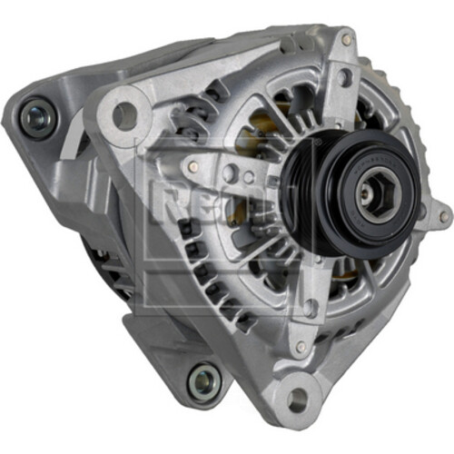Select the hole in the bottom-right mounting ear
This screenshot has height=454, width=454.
click(296, 397)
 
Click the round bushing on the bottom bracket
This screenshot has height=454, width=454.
click(203, 381)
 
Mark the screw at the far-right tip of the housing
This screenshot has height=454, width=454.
click(443, 218)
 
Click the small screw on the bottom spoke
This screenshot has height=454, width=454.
click(300, 347)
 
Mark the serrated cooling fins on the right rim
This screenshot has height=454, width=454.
click(413, 136)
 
